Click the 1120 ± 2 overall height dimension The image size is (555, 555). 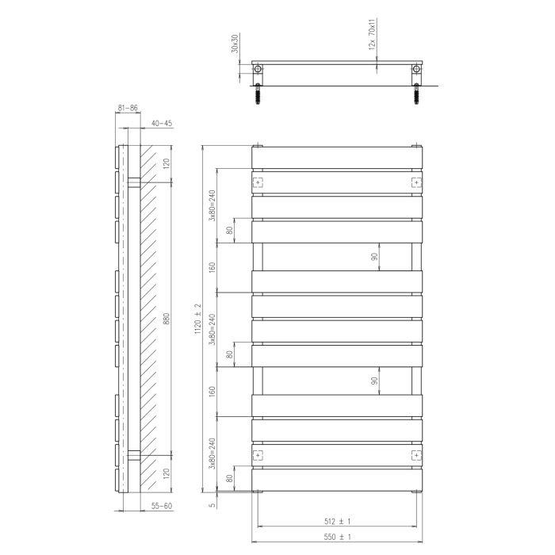pyautogui.click(x=198, y=319)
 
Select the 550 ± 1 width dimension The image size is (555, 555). pyautogui.click(x=337, y=537)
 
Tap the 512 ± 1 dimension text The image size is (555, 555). pyautogui.click(x=337, y=522)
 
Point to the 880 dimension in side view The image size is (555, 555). pyautogui.click(x=166, y=319)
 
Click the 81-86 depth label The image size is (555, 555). pyautogui.click(x=128, y=108)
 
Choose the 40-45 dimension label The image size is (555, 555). pyautogui.click(x=162, y=123)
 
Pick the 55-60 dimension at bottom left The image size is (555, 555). pyautogui.click(x=162, y=506)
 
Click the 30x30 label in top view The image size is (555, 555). pyautogui.click(x=235, y=44)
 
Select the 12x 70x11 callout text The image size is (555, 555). pyautogui.click(x=372, y=34)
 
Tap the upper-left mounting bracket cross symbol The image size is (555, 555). pyautogui.click(x=258, y=182)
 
